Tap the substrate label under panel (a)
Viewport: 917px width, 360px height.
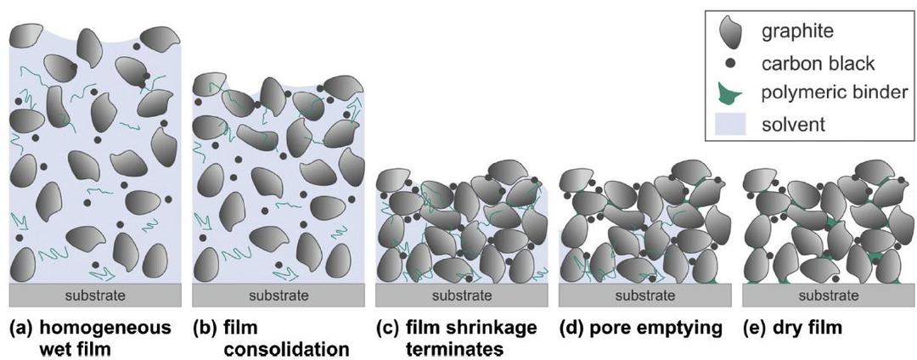point(95,295)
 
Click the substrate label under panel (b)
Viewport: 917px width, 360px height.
point(278,295)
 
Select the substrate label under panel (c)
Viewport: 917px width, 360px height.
point(461,295)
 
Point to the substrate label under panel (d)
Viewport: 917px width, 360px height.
point(644,295)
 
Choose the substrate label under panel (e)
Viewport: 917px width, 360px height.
point(828,295)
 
